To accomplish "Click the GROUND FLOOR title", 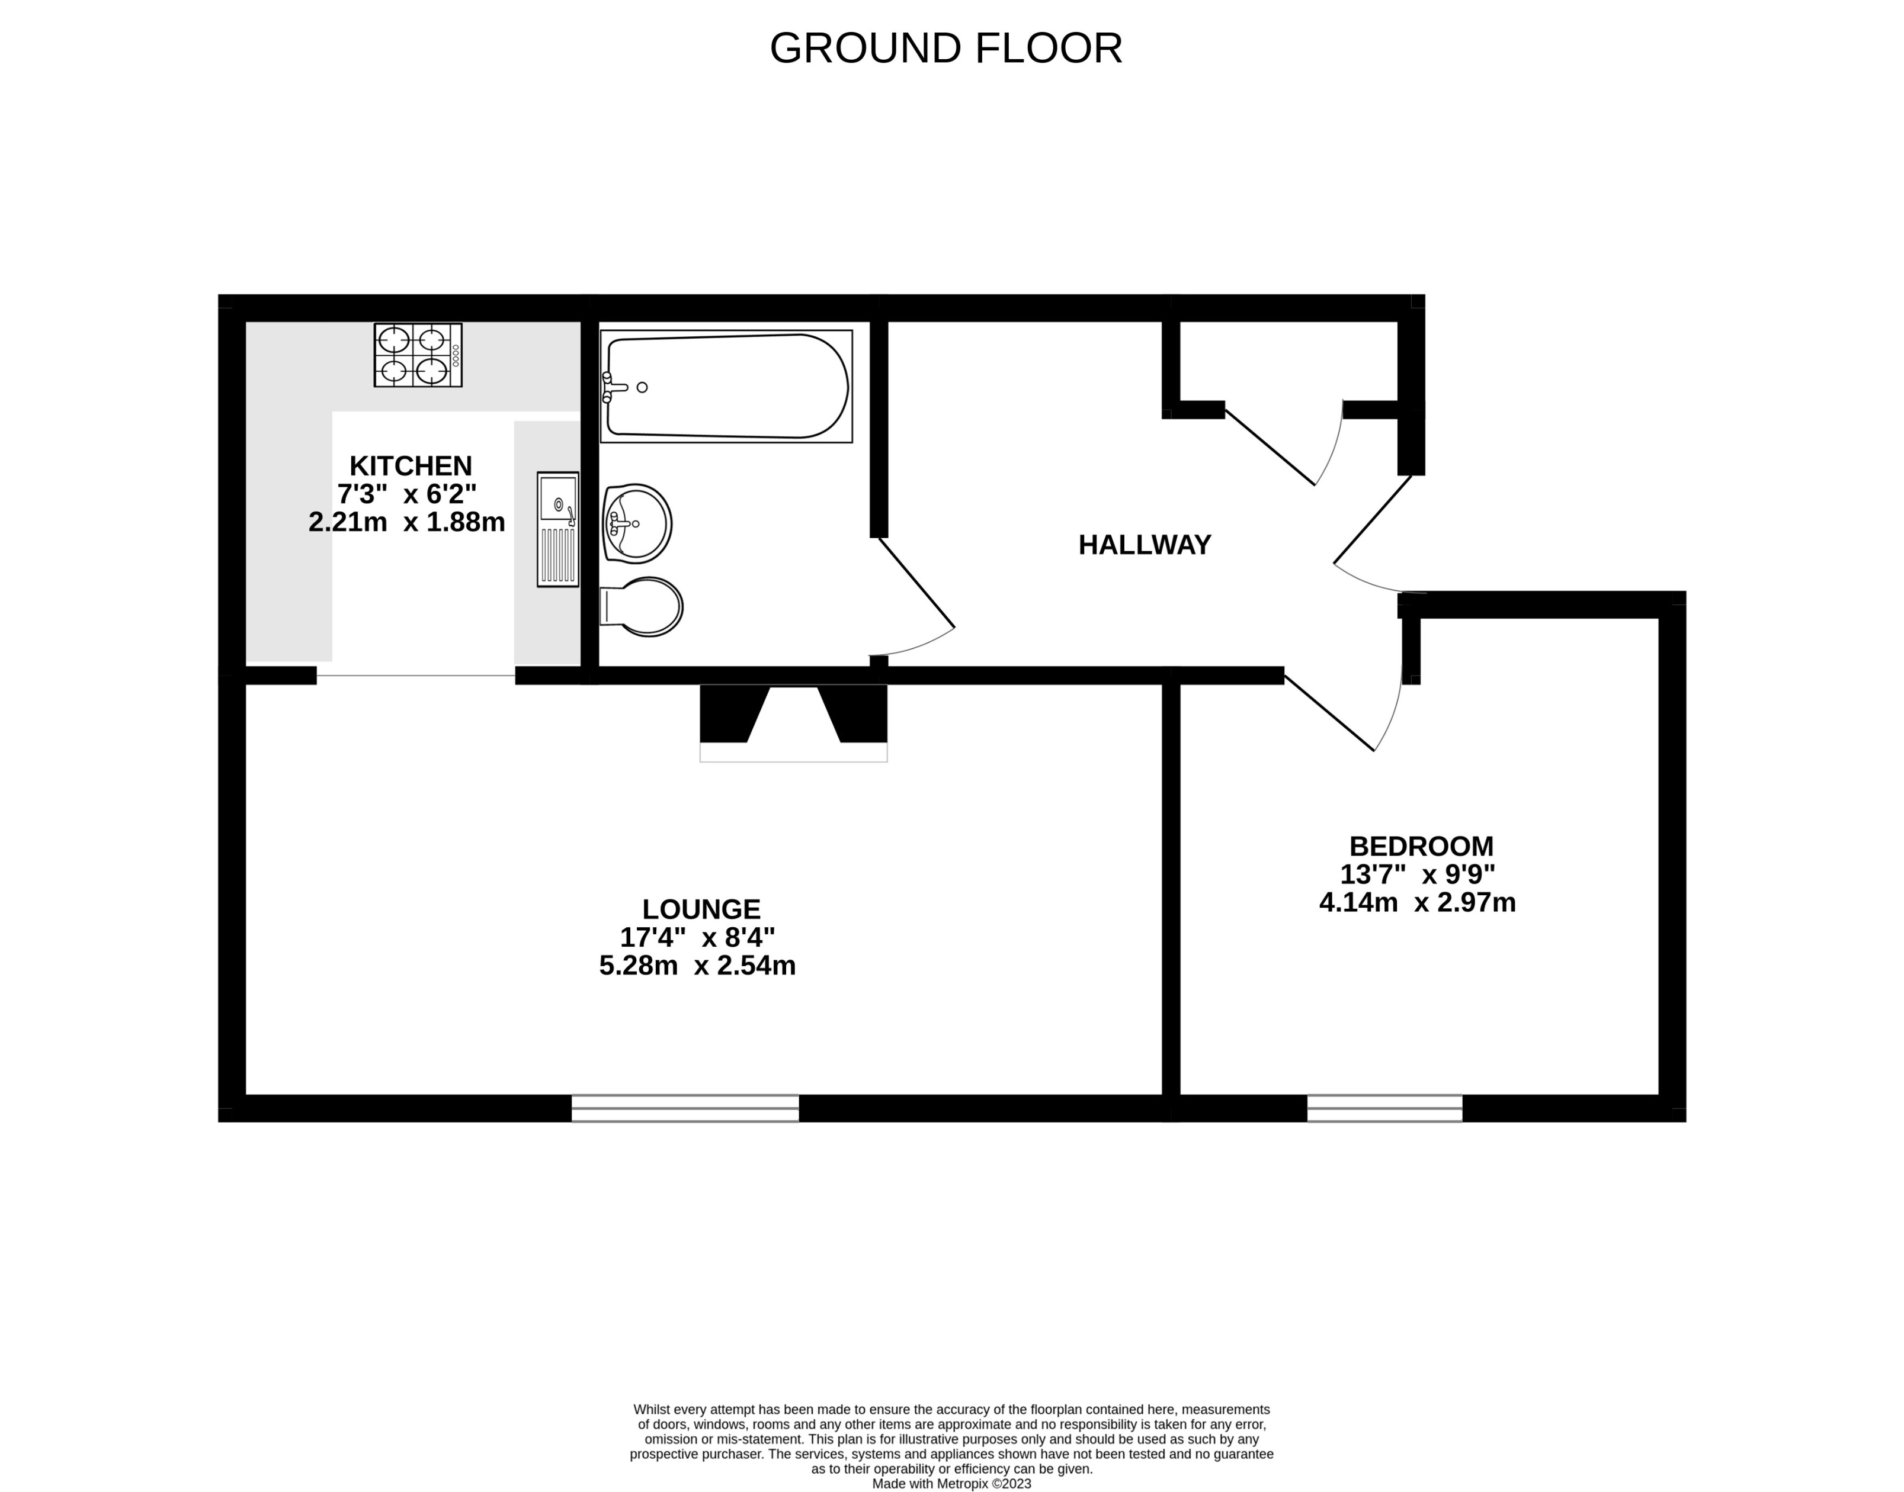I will (x=945, y=49).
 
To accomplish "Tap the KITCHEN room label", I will (x=411, y=465).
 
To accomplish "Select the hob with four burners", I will (x=418, y=355).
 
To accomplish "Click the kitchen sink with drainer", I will (x=557, y=529).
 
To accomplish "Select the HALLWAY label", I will (x=1144, y=545).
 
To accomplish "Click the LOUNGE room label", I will (x=701, y=909).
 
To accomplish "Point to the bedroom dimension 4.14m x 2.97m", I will (x=1416, y=902).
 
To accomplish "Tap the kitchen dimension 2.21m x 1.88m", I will (x=406, y=522).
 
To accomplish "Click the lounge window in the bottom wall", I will (x=685, y=1108).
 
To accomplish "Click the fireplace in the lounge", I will (x=793, y=724).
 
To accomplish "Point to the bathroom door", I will (x=916, y=584).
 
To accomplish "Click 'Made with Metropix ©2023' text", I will (x=951, y=1483).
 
